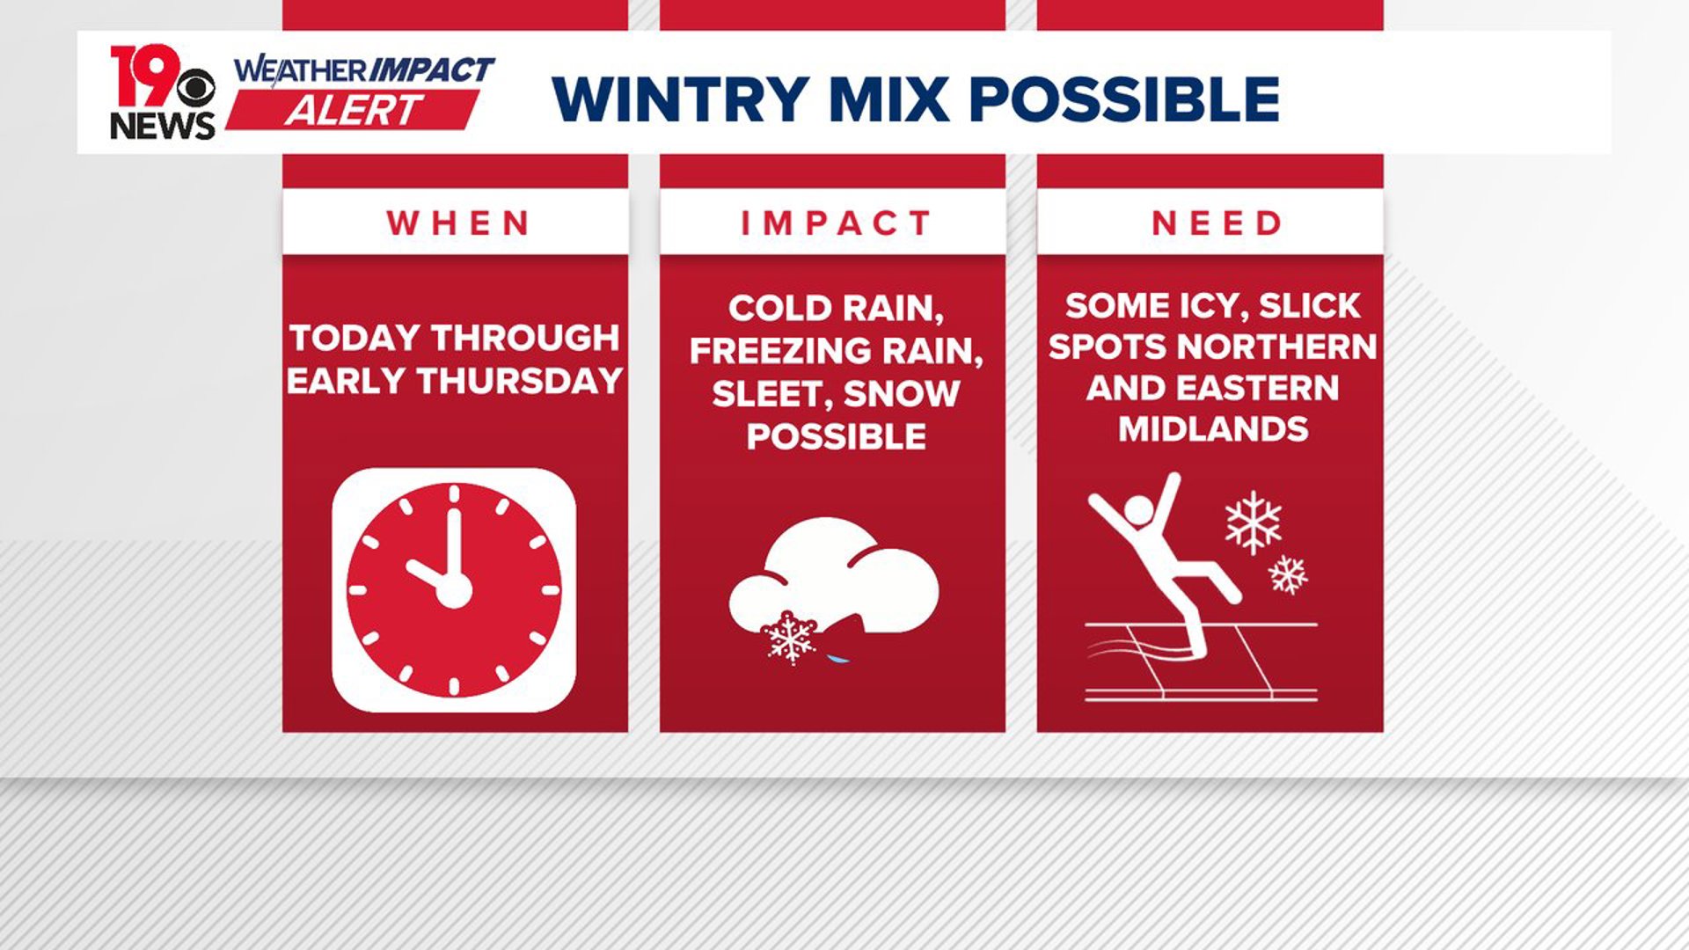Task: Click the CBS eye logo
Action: (x=195, y=89)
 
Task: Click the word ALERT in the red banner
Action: (x=353, y=112)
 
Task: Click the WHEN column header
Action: (x=458, y=223)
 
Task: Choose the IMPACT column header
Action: (x=835, y=223)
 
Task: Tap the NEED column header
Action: (x=1217, y=223)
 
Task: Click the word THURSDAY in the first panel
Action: (x=520, y=381)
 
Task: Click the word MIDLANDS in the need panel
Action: (x=1213, y=429)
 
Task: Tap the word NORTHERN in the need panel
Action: (x=1289, y=347)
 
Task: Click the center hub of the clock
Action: (x=454, y=590)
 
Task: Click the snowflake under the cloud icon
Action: (x=790, y=638)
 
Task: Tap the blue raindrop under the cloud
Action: (x=839, y=657)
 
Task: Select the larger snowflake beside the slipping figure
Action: (x=1254, y=522)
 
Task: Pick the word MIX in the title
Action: (x=888, y=99)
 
